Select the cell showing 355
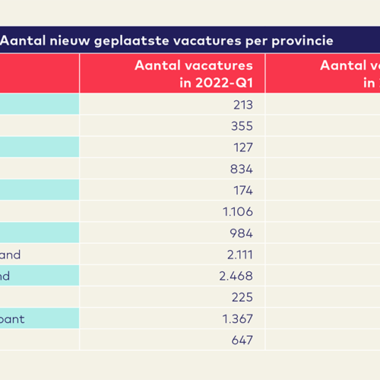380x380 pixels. pos(242,126)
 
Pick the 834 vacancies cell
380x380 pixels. pos(242,169)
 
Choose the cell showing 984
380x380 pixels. pos(242,233)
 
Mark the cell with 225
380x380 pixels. pos(242,297)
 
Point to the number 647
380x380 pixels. pos(242,340)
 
